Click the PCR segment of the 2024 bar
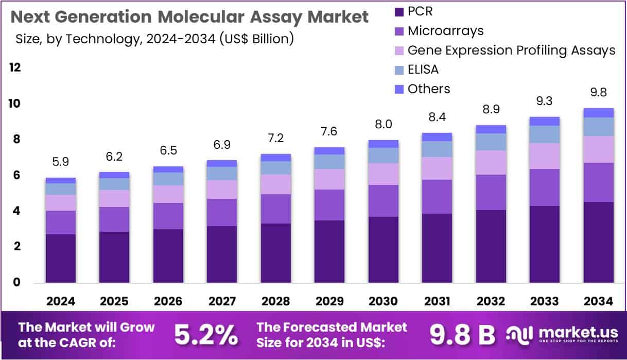tap(61, 258)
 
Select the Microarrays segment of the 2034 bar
tap(598, 182)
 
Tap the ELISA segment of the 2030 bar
tap(384, 156)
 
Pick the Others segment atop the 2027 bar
tap(222, 163)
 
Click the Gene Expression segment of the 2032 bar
tap(491, 163)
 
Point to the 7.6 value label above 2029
tap(329, 132)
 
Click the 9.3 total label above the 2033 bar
tap(545, 101)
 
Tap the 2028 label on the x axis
tap(275, 301)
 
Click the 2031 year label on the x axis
tap(437, 301)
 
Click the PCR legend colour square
tap(398, 11)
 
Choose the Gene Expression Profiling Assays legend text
tap(511, 50)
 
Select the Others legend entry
tap(428, 89)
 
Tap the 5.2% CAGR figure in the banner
tap(206, 335)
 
